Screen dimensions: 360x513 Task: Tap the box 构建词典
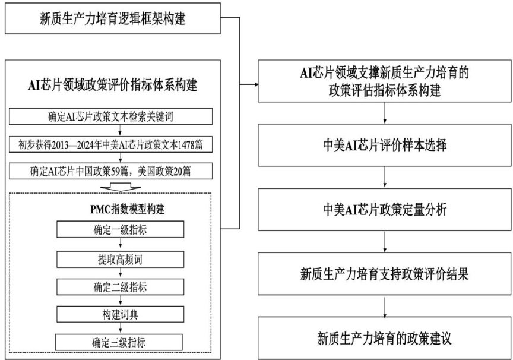coord(120,314)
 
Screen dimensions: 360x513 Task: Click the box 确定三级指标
coord(120,342)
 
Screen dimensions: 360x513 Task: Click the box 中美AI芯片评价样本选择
coord(385,146)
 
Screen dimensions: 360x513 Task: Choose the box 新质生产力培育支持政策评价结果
coord(385,274)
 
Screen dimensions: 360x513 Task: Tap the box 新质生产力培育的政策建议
coord(385,339)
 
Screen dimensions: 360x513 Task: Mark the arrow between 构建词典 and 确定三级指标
coord(120,329)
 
